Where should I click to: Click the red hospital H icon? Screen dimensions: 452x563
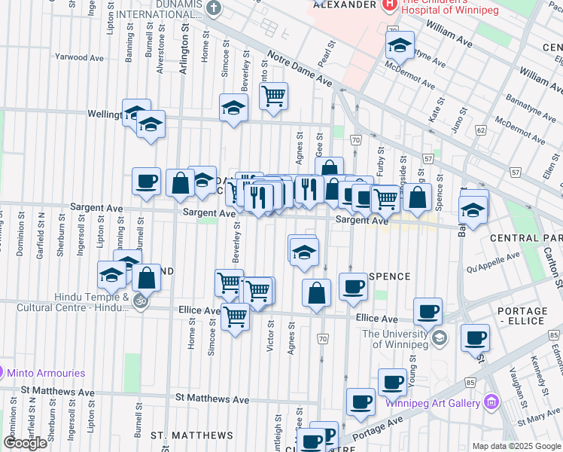pyautogui.click(x=389, y=6)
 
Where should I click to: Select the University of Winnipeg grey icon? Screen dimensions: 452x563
pyautogui.click(x=440, y=338)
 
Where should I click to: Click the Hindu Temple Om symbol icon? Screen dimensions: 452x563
pyautogui.click(x=139, y=302)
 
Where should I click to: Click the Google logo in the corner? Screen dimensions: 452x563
pyautogui.click(x=25, y=443)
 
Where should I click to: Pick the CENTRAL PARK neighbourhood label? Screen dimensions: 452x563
pyautogui.click(x=525, y=238)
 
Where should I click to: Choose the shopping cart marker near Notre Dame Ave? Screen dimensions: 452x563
pyautogui.click(x=273, y=96)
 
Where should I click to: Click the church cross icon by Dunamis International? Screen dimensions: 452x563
pyautogui.click(x=214, y=9)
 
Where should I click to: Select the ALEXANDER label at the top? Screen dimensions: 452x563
pyautogui.click(x=342, y=5)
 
